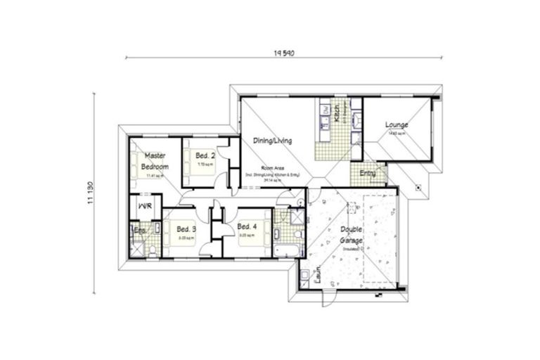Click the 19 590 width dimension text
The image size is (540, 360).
pyautogui.click(x=283, y=51)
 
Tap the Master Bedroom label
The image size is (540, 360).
pyautogui.click(x=155, y=161)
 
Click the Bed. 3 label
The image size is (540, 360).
pyautogui.click(x=186, y=229)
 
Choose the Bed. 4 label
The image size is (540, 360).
pyautogui.click(x=247, y=226)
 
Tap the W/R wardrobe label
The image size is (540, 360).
pyautogui.click(x=145, y=206)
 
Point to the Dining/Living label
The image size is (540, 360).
pyautogui.click(x=273, y=141)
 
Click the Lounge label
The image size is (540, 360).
pyautogui.click(x=397, y=125)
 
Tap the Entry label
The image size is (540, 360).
pyautogui.click(x=368, y=172)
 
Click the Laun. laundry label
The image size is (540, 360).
pyautogui.click(x=318, y=274)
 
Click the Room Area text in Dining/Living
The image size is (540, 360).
pyautogui.click(x=271, y=169)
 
